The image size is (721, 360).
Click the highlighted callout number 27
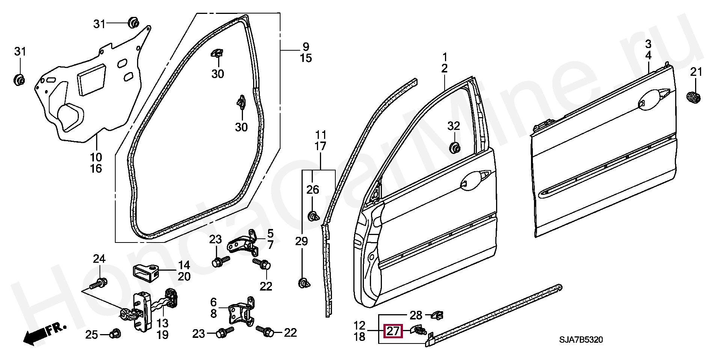pyautogui.click(x=393, y=331)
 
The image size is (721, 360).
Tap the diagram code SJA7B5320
pyautogui.click(x=581, y=340)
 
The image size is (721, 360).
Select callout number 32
pyautogui.click(x=454, y=126)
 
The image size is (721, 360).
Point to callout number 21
pyautogui.click(x=696, y=72)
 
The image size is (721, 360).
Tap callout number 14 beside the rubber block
pyautogui.click(x=184, y=265)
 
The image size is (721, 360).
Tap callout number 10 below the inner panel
pyautogui.click(x=96, y=157)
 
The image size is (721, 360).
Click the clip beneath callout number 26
pyautogui.click(x=313, y=217)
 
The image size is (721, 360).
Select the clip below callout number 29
pyautogui.click(x=304, y=283)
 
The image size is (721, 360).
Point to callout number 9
pyautogui.click(x=306, y=47)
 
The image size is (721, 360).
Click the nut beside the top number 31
pyautogui.click(x=133, y=23)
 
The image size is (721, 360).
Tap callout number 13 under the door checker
pyautogui.click(x=162, y=323)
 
